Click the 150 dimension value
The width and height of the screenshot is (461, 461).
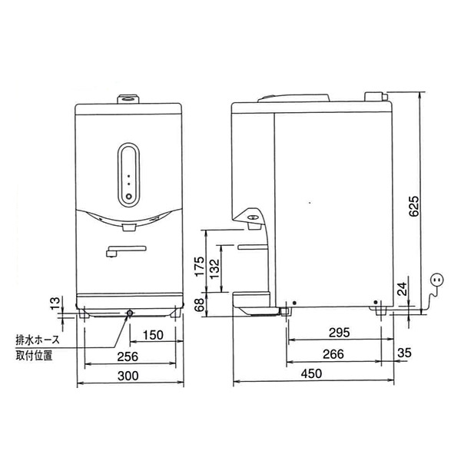click(x=153, y=334)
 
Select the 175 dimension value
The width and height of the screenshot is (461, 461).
click(x=198, y=267)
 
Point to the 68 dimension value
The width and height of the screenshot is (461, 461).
click(x=198, y=305)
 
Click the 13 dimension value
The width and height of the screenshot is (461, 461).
click(x=53, y=306)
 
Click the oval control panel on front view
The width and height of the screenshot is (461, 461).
click(x=128, y=175)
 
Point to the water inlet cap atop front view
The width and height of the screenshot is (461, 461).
click(x=128, y=98)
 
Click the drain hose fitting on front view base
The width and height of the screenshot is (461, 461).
click(x=129, y=313)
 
